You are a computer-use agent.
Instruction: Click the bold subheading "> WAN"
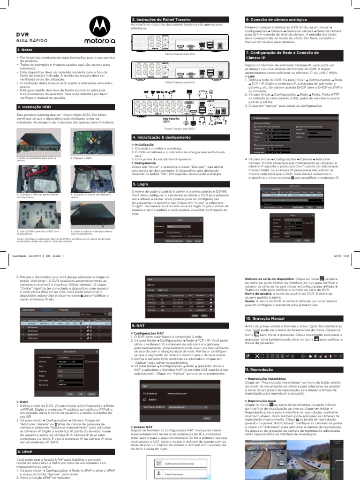[x=22, y=402]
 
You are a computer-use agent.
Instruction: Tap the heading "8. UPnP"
[x=25, y=451]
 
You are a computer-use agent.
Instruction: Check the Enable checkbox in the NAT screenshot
[x=144, y=400]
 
